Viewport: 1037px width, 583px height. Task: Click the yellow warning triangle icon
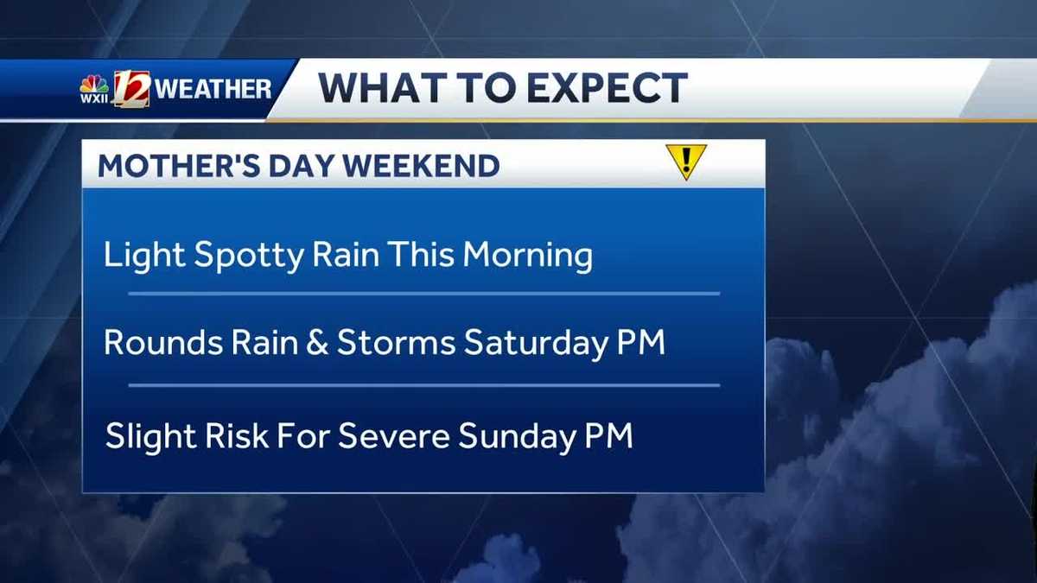click(686, 161)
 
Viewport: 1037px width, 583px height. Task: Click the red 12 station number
click(131, 88)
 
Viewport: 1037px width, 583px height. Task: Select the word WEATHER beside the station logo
click(216, 89)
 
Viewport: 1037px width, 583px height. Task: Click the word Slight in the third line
click(148, 437)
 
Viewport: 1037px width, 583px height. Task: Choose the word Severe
click(393, 436)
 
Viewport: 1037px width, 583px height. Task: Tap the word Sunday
click(515, 437)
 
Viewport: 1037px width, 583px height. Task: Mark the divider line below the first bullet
click(423, 294)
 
